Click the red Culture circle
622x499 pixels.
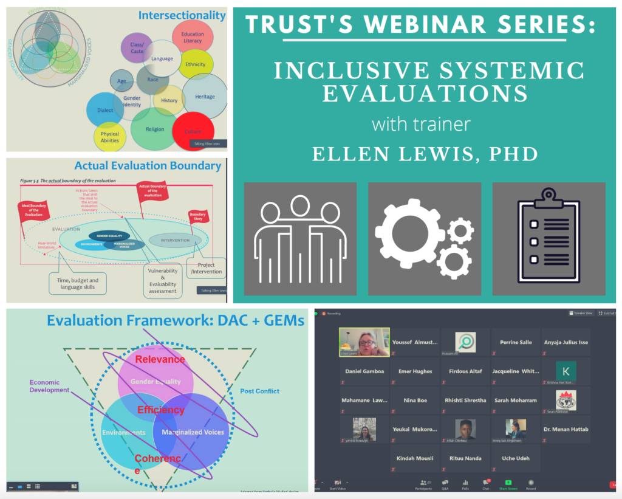(193, 130)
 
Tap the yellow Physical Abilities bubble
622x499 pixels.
(110, 137)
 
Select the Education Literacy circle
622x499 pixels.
(193, 38)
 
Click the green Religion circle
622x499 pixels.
(155, 129)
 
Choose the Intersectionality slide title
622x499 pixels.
(182, 15)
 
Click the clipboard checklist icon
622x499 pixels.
(549, 238)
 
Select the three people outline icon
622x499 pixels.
(300, 239)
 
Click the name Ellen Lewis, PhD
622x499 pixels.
(425, 153)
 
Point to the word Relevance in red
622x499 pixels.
(160, 359)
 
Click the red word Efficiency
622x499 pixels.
(160, 410)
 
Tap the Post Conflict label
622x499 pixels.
(259, 391)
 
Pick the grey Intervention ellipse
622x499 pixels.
(175, 239)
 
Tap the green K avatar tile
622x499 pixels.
(566, 371)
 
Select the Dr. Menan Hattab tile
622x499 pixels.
(566, 429)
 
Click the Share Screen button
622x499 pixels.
(508, 484)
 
